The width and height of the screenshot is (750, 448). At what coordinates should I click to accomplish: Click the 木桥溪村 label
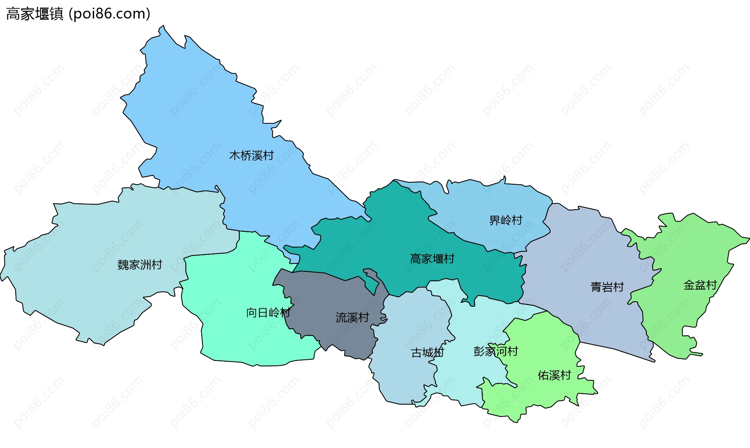[251, 156]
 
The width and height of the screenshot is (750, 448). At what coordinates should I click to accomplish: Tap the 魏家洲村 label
[139, 265]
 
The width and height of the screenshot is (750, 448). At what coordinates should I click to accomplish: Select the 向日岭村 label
[268, 313]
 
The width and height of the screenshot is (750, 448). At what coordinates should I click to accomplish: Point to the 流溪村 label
[352, 318]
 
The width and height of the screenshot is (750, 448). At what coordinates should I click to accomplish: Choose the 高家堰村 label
[432, 259]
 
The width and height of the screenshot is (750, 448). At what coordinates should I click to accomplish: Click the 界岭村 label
[505, 220]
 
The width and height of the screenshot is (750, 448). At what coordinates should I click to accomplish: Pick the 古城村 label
[427, 353]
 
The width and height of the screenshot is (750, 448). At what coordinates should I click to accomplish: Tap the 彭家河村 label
[495, 351]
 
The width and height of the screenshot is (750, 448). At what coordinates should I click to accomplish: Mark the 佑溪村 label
[554, 375]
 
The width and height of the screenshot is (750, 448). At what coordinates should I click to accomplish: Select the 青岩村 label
[607, 287]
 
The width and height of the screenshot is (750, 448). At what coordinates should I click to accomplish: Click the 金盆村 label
[700, 285]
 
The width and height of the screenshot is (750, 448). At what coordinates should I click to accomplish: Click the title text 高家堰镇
[35, 14]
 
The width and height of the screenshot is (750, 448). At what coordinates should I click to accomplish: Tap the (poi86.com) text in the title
[109, 14]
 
